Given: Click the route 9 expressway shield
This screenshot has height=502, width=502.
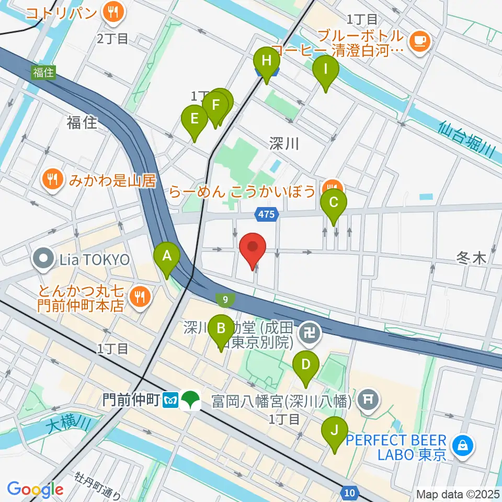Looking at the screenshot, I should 225,300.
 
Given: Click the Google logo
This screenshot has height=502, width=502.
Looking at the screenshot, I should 35,489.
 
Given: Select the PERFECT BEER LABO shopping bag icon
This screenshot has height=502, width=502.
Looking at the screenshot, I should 463,445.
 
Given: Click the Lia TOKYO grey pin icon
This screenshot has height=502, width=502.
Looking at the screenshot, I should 42,258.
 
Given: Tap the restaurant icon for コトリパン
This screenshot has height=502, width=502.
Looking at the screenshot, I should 112,12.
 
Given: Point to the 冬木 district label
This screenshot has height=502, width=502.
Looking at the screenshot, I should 471,257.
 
